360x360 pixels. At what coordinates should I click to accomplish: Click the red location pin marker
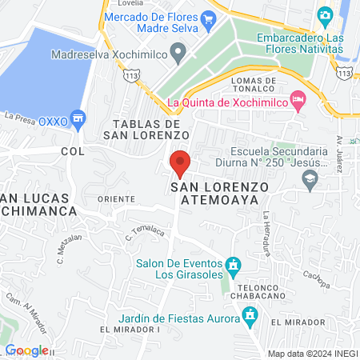181,163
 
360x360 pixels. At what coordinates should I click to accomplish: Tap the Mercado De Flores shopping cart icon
208,18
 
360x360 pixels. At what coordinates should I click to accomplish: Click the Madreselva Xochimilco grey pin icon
179,55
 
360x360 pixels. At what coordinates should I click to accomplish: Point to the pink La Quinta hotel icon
298,101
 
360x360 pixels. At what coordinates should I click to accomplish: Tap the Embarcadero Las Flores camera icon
325,15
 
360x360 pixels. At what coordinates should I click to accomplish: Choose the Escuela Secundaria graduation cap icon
309,180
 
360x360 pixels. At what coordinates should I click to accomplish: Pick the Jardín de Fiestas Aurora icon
250,317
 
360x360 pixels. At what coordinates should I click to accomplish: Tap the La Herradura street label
265,230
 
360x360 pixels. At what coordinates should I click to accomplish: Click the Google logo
27,350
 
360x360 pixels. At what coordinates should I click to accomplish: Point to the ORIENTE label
110,198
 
